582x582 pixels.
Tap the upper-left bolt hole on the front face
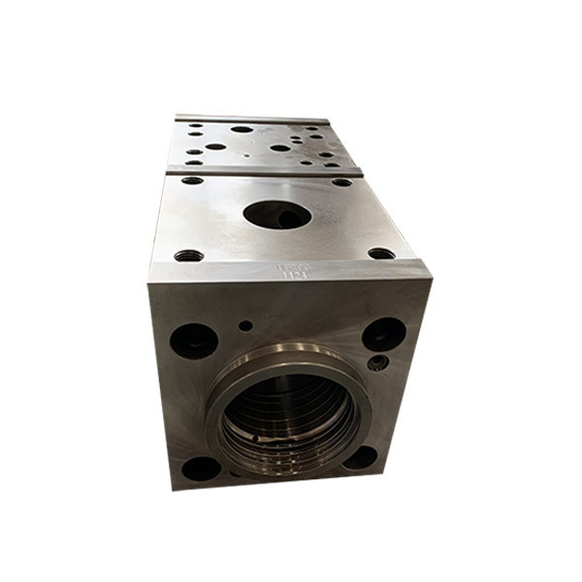tap(193, 340)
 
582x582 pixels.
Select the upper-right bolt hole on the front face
tap(384, 334)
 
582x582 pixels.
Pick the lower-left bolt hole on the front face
tap(201, 468)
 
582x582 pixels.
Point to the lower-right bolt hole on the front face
tap(361, 457)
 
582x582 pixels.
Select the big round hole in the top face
tap(276, 213)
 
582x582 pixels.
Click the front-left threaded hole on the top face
tap(188, 256)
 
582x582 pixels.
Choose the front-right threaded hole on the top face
tap(381, 253)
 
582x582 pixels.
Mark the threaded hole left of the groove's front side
tap(193, 180)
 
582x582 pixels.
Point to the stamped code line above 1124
tap(290, 265)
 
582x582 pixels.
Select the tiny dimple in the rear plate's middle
tap(248, 153)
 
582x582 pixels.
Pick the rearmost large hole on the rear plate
tap(242, 128)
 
